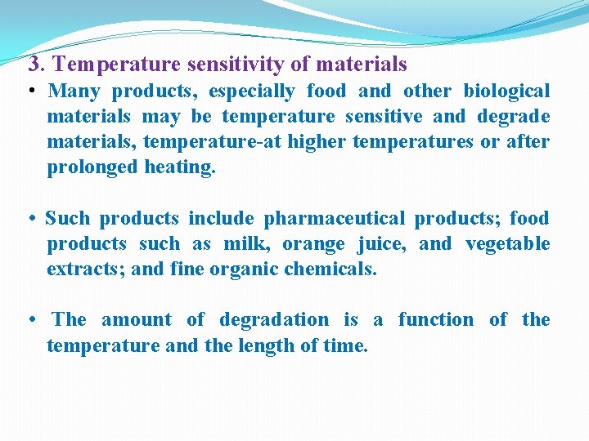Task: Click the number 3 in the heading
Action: coord(34,63)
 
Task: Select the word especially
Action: coord(254,91)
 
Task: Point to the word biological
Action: coord(506,91)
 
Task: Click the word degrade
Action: coord(511,116)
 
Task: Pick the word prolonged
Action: coord(91,167)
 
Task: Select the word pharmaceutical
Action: coord(334,218)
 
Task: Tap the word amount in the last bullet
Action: coord(137,319)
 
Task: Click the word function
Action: coord(435,319)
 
